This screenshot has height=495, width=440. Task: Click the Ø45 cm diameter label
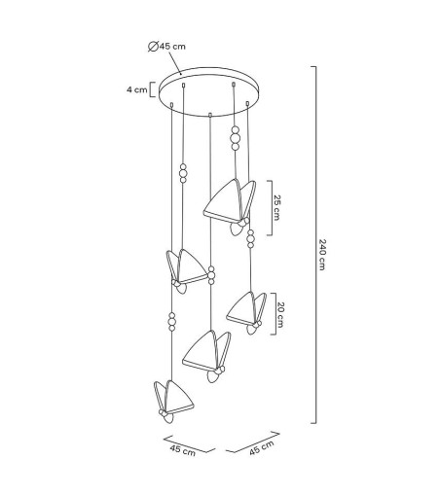point(166,47)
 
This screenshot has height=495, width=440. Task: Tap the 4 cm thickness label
point(136,89)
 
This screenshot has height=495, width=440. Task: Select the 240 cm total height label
point(322,255)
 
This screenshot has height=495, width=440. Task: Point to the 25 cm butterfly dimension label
point(276,207)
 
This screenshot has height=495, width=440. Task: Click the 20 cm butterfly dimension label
point(280,315)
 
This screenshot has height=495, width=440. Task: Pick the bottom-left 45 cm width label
point(183,450)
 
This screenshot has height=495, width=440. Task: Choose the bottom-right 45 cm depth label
point(262,447)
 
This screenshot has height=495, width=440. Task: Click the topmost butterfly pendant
point(230,206)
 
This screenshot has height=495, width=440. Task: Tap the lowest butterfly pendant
point(173,402)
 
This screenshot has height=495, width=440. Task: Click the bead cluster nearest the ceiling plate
point(236,138)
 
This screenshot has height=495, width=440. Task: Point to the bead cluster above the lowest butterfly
point(172,322)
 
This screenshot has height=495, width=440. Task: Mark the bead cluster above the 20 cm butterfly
point(250,239)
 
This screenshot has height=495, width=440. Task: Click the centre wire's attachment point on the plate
point(210,115)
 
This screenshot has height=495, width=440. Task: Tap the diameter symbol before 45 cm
point(153,47)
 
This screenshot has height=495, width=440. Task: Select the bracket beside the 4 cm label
point(151,89)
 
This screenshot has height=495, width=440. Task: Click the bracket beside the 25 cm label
point(271,208)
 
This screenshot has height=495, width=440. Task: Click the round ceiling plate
point(209,91)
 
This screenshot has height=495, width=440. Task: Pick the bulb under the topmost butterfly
point(236,229)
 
